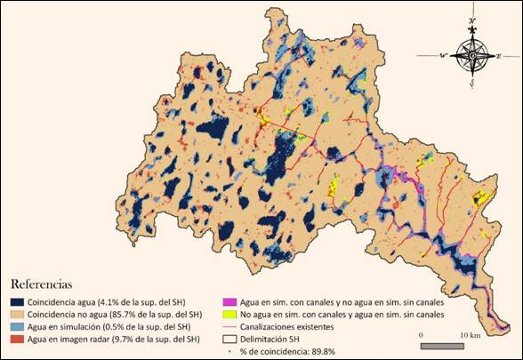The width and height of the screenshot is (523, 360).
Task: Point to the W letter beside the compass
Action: point(442,56)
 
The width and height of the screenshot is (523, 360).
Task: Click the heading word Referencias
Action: point(40,285)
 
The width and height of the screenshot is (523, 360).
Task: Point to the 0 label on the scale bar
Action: point(421,334)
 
